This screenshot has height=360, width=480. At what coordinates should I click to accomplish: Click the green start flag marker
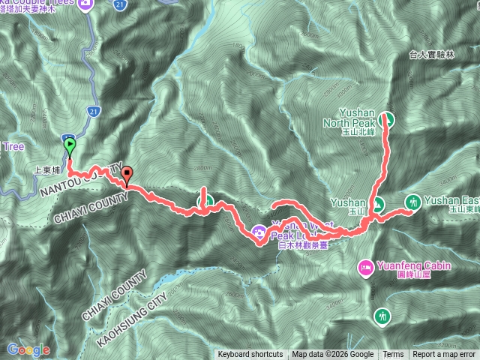point(70,145)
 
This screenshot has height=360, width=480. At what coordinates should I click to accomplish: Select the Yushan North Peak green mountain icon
point(387,118)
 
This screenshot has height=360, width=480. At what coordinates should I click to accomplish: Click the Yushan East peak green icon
point(412,202)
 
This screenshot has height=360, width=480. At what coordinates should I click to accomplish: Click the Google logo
point(28,349)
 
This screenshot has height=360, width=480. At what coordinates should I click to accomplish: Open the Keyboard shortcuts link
point(250,355)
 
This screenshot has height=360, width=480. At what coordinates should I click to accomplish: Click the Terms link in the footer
point(393,355)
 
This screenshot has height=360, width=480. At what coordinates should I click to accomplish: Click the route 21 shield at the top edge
point(121,4)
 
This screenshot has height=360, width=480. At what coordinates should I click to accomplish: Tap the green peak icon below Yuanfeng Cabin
point(383,316)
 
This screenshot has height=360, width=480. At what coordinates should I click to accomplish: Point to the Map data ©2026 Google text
point(333,355)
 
